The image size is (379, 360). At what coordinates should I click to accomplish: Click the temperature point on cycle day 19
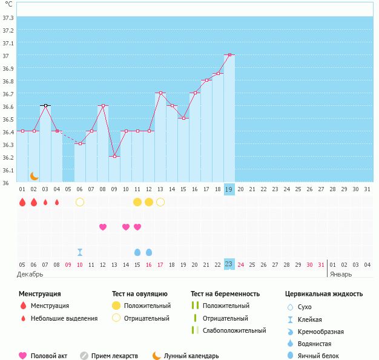point(229,54)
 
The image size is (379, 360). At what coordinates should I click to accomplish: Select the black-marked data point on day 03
point(45,105)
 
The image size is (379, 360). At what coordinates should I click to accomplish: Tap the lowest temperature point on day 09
point(114,156)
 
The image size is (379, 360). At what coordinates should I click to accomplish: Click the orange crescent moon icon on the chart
point(35,175)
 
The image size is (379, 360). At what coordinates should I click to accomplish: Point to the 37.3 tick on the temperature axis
point(8,18)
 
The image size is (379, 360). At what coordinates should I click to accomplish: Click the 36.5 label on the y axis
point(8,119)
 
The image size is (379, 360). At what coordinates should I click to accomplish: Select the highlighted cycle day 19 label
point(229,189)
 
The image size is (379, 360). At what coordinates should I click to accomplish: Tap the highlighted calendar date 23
point(229,264)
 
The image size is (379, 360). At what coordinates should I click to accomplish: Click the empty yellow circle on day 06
point(80,202)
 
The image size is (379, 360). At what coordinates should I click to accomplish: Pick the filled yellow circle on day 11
point(137,202)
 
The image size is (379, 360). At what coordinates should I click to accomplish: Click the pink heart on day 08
point(103,227)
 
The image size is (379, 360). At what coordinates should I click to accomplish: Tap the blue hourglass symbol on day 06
point(80,252)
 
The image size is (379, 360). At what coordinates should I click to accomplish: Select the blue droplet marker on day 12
point(149,252)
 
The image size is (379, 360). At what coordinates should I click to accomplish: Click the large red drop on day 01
point(22,202)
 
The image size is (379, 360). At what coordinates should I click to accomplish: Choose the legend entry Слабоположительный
point(234,330)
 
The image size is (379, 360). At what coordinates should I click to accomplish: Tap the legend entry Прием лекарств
point(114,356)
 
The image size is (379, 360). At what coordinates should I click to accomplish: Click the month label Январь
point(340,273)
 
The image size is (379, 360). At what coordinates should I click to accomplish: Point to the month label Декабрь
point(30,273)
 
